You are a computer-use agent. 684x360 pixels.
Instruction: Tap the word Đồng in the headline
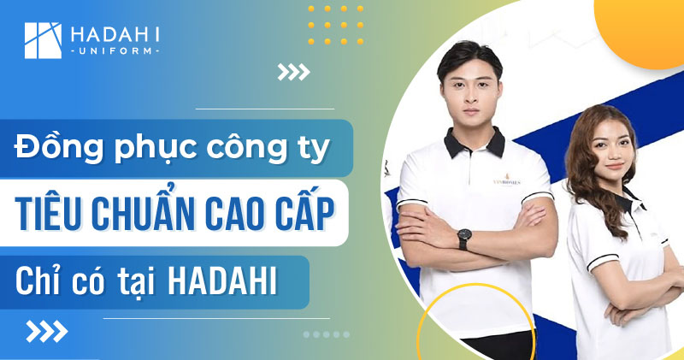[53, 147]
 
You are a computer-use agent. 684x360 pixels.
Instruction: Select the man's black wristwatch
[463, 240]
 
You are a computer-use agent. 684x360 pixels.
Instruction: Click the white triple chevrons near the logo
[292, 73]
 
